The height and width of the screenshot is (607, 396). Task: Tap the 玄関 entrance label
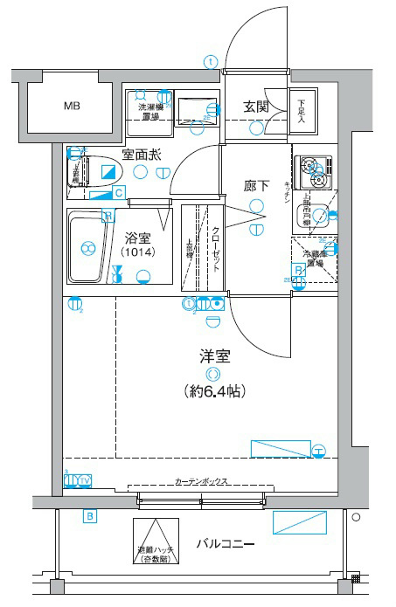pos(255,107)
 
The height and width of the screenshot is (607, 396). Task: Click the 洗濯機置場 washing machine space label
pos(147,113)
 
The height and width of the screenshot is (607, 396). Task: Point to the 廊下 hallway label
pos(255,185)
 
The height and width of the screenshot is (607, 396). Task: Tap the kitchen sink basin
pos(323,214)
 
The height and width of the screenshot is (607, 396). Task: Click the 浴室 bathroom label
pos(137,237)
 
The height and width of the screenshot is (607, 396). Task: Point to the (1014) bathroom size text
pos(137,253)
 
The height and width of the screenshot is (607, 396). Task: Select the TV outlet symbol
pos(85,480)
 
